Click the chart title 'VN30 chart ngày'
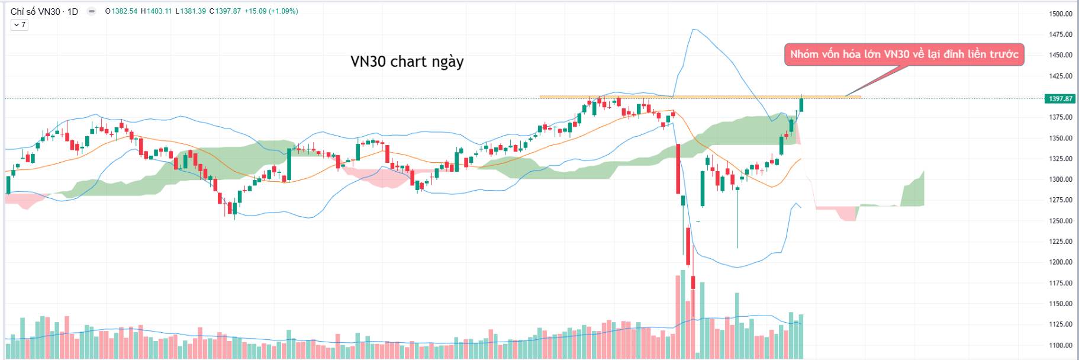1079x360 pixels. pyautogui.click(x=407, y=62)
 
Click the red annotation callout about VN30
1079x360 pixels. pyautogui.click(x=904, y=54)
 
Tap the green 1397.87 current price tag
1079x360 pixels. pyautogui.click(x=1060, y=99)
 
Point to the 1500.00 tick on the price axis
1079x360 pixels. pyautogui.click(x=1060, y=14)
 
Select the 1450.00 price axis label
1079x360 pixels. pyautogui.click(x=1060, y=55)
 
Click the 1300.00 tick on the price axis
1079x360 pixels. pyautogui.click(x=1060, y=179)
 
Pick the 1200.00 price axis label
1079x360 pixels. pyautogui.click(x=1060, y=262)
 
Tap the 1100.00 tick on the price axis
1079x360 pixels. pyautogui.click(x=1060, y=345)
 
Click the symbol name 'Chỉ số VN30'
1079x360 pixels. pyautogui.click(x=35, y=11)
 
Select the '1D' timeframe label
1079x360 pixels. pyautogui.click(x=73, y=11)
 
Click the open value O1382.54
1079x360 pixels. pyautogui.click(x=121, y=11)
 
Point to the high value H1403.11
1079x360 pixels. pyautogui.click(x=156, y=11)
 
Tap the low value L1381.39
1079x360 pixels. pyautogui.click(x=191, y=11)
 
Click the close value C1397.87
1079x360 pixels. pyautogui.click(x=226, y=11)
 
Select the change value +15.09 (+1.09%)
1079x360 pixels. pyautogui.click(x=272, y=11)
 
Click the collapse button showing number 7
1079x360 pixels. pyautogui.click(x=20, y=25)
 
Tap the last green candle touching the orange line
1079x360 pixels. pyautogui.click(x=801, y=104)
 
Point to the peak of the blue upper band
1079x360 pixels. pyautogui.click(x=693, y=29)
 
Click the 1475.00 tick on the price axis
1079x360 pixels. pyautogui.click(x=1060, y=34)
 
